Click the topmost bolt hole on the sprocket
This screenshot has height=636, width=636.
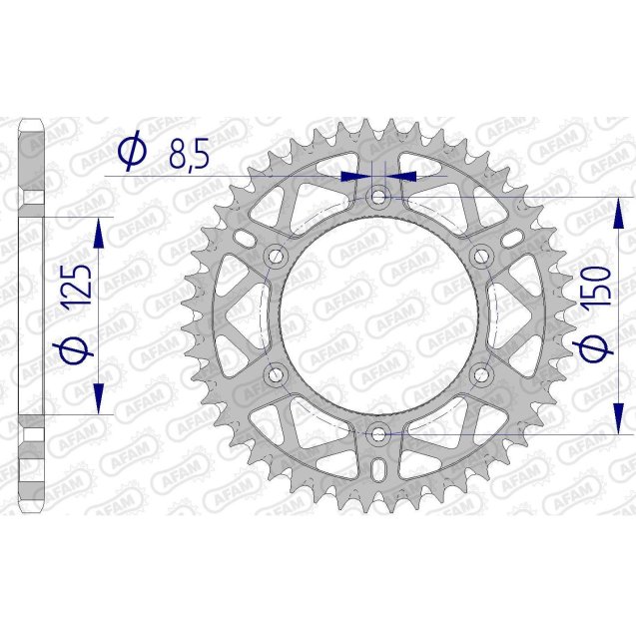coord(378,197)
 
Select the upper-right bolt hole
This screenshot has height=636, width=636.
coord(481,256)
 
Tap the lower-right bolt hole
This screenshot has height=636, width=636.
coord(481,374)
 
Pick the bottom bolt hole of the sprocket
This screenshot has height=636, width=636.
coord(378,433)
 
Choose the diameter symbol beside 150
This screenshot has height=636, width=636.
coord(597,348)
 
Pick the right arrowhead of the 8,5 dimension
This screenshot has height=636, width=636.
coord(401,175)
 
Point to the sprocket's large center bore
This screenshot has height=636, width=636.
coord(378,316)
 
